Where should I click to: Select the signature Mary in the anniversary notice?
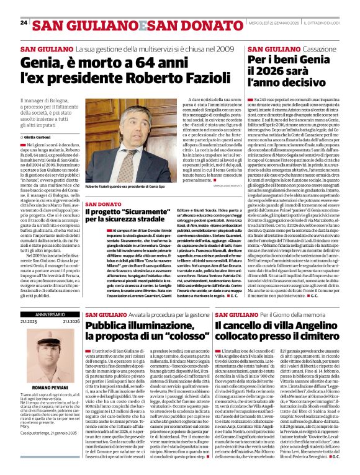pos(26,426)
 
